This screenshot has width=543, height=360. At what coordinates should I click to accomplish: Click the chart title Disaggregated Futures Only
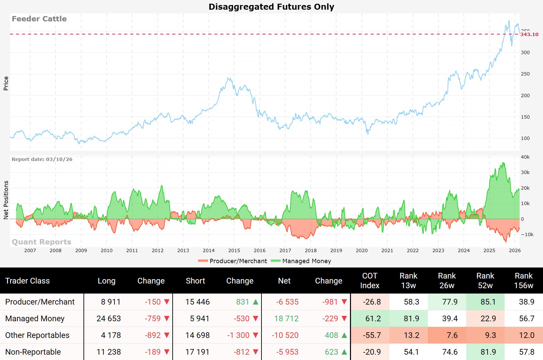(271, 7)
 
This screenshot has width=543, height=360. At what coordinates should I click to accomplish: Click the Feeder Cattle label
(39, 19)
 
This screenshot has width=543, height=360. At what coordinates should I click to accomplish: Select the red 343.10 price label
(529, 34)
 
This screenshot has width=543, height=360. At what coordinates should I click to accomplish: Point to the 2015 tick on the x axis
(234, 250)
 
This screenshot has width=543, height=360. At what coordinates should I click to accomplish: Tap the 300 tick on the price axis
(525, 52)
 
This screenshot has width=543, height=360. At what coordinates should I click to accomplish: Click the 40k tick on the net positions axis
(525, 157)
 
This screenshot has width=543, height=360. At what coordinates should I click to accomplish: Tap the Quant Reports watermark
(41, 242)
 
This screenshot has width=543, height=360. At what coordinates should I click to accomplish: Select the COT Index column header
(370, 281)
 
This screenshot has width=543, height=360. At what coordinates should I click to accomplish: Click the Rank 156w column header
(524, 281)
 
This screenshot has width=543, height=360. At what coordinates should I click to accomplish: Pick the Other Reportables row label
(37, 335)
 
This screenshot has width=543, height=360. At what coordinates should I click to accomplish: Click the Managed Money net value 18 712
(286, 319)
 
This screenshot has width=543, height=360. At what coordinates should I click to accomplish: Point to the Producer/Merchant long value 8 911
(111, 302)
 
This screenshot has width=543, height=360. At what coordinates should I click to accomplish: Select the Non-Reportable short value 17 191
(197, 352)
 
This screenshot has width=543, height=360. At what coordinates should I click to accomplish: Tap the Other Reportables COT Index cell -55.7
(372, 335)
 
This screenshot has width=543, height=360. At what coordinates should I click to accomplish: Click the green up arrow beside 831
(256, 302)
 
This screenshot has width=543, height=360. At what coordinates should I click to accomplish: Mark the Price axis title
(6, 83)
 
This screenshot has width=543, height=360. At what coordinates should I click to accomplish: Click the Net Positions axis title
(6, 200)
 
